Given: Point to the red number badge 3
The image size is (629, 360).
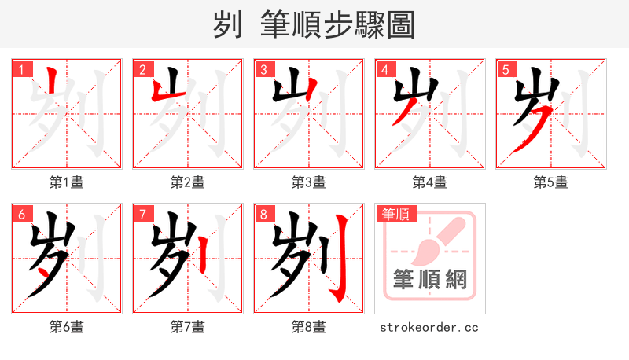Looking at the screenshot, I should (264, 69).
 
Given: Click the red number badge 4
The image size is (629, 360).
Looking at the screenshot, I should (385, 69).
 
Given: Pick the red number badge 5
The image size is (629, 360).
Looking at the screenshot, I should (506, 69).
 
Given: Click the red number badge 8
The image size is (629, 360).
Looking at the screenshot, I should (264, 214).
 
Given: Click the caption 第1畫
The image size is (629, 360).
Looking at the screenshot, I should (67, 182).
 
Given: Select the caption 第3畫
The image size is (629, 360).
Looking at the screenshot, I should (309, 182).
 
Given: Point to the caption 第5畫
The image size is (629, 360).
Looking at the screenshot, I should (551, 182).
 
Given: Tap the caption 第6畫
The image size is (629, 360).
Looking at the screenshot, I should (67, 327).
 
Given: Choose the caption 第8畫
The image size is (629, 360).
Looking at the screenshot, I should (309, 327).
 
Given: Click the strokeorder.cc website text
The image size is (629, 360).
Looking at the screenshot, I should (429, 327).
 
